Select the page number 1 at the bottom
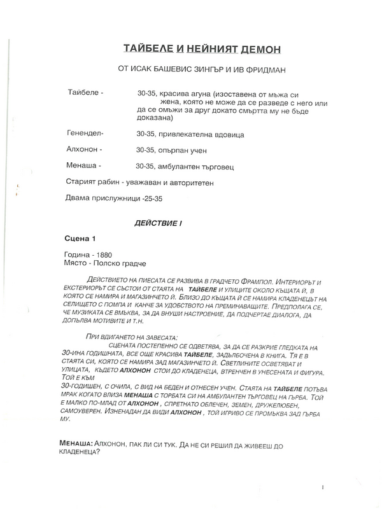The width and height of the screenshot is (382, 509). tap(324, 487)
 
